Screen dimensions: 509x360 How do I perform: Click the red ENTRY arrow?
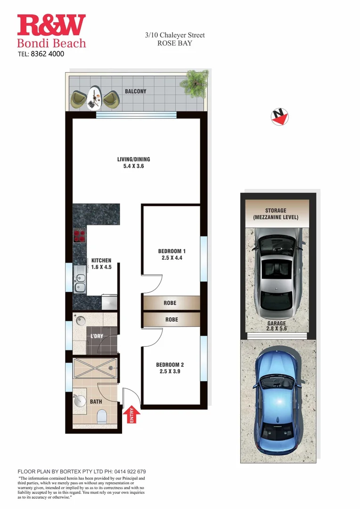[x=131, y=413]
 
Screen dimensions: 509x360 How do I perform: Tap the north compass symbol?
[x=280, y=116]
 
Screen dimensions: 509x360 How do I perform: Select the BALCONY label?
[x=136, y=91]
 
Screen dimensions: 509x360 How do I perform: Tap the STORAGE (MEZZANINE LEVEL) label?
[x=276, y=214]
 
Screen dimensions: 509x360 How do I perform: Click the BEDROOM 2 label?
[x=170, y=365]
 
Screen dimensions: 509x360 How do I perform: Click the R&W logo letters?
[x=51, y=25]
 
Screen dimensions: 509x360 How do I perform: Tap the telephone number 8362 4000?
[x=47, y=54]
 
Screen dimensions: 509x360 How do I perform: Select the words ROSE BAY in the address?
[x=174, y=43]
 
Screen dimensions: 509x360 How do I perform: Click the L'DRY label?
[x=97, y=336]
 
